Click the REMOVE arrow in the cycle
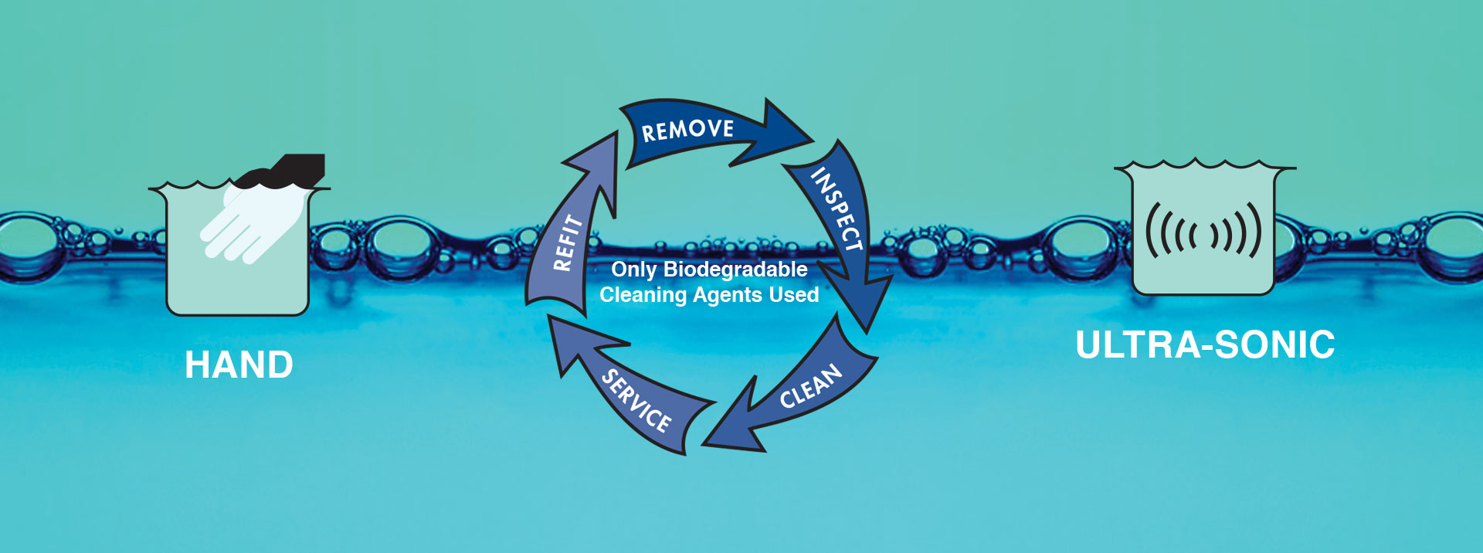(695, 131)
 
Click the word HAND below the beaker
(239, 365)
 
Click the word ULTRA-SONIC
(1205, 344)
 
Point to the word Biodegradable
(735, 270)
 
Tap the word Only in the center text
(633, 270)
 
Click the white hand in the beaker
(247, 223)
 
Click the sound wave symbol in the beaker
(1203, 230)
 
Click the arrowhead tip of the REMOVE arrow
(813, 141)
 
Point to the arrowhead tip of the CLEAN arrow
(702, 444)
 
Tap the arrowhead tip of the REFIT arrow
(617, 132)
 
